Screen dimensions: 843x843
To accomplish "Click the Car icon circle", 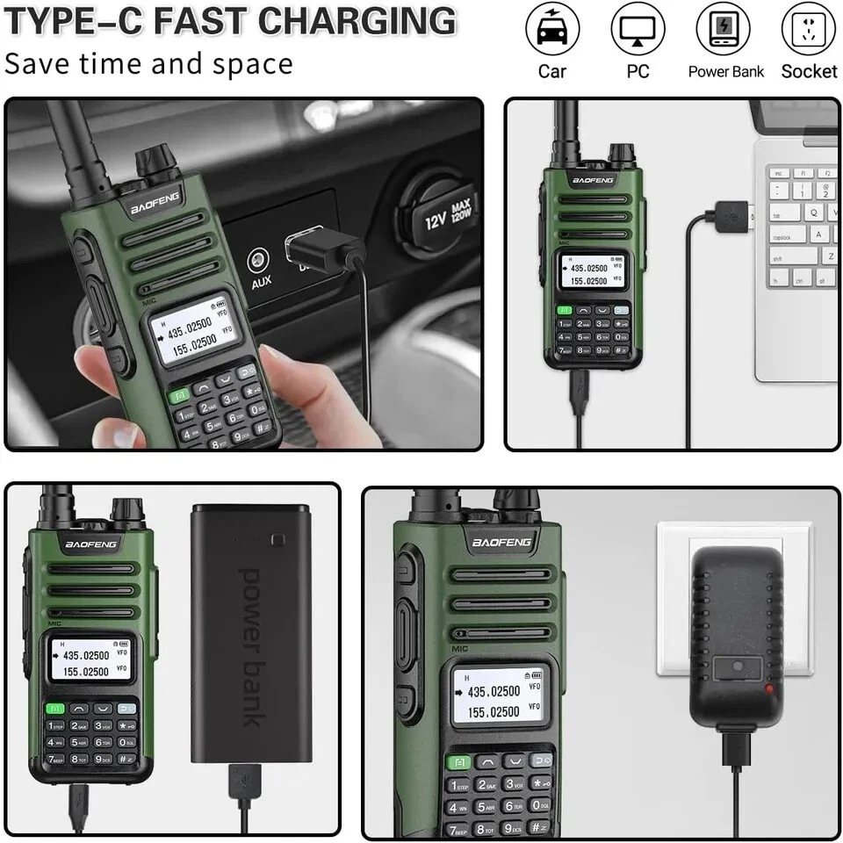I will pos(552,30).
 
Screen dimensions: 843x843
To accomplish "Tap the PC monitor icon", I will pos(638,30).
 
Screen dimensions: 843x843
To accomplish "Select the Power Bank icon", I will pos(723,30).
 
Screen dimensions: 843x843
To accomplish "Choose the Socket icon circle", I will pos(808,30).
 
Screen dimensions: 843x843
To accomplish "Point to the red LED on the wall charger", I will pos(769,688).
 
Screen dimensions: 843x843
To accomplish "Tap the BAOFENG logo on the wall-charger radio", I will pos(501,542).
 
